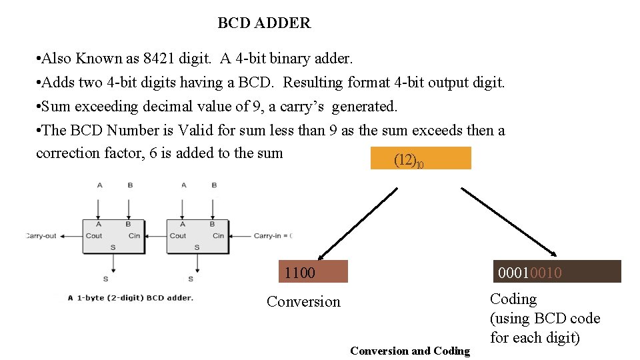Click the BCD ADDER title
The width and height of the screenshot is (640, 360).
264,23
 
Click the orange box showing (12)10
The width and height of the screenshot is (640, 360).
421,159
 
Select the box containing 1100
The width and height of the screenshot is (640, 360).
313,272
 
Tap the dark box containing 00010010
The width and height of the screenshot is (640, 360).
556,272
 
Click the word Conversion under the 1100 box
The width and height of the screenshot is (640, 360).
303,302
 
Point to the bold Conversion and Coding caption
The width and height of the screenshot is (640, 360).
410,351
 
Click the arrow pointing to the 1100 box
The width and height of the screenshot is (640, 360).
357,224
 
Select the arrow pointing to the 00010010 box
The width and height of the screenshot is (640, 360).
509,221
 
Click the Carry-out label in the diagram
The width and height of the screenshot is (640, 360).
41,235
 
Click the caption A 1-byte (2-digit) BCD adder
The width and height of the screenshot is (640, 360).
131,297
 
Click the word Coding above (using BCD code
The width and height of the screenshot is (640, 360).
513,299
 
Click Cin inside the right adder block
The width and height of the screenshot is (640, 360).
218,235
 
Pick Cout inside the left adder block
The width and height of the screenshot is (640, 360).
94,235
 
